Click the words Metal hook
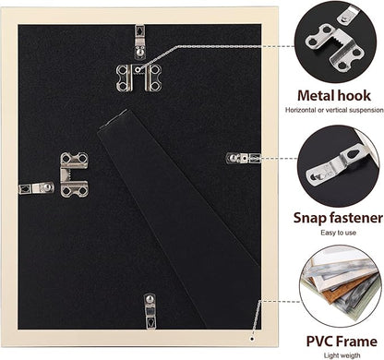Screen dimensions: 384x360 pyautogui.click(x=334, y=96)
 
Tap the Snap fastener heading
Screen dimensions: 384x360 pyautogui.click(x=338, y=218)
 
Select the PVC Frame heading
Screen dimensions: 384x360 pyautogui.click(x=342, y=342)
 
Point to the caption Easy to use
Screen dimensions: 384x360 pyautogui.click(x=338, y=233)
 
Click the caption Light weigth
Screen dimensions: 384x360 pyautogui.click(x=342, y=355)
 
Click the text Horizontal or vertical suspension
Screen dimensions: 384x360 pyautogui.click(x=334, y=110)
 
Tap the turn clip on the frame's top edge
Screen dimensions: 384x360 pyautogui.click(x=140, y=42)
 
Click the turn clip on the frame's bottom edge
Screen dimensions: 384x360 pyautogui.click(x=150, y=311)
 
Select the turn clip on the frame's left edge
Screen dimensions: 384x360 pyautogui.click(x=36, y=187)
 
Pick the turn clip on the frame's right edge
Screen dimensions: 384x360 pyautogui.click(x=244, y=158)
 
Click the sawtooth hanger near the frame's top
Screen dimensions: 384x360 pyautogui.click(x=138, y=78)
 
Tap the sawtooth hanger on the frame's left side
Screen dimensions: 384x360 pyautogui.click(x=74, y=174)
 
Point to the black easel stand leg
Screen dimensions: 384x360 pyautogui.click(x=178, y=215)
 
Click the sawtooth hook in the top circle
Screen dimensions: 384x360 pyautogui.click(x=335, y=46)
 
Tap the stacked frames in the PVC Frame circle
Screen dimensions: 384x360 pyautogui.click(x=340, y=283)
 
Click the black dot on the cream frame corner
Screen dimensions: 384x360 pyautogui.click(x=252, y=340)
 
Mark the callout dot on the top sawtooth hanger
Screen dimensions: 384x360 pyautogui.click(x=138, y=70)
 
